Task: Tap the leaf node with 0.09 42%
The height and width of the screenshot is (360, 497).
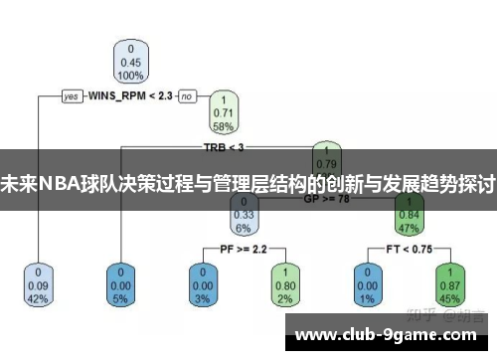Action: [x=39, y=283]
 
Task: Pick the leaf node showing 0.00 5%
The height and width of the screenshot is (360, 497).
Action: [x=121, y=283]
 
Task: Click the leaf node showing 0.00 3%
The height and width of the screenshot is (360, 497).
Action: [x=202, y=283]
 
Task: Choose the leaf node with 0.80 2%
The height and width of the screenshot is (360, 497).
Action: [x=284, y=283]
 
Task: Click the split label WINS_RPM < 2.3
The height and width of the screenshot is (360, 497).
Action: [x=130, y=96]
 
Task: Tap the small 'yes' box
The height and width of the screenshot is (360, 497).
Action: [x=72, y=96]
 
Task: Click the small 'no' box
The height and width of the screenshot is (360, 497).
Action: [x=187, y=96]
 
